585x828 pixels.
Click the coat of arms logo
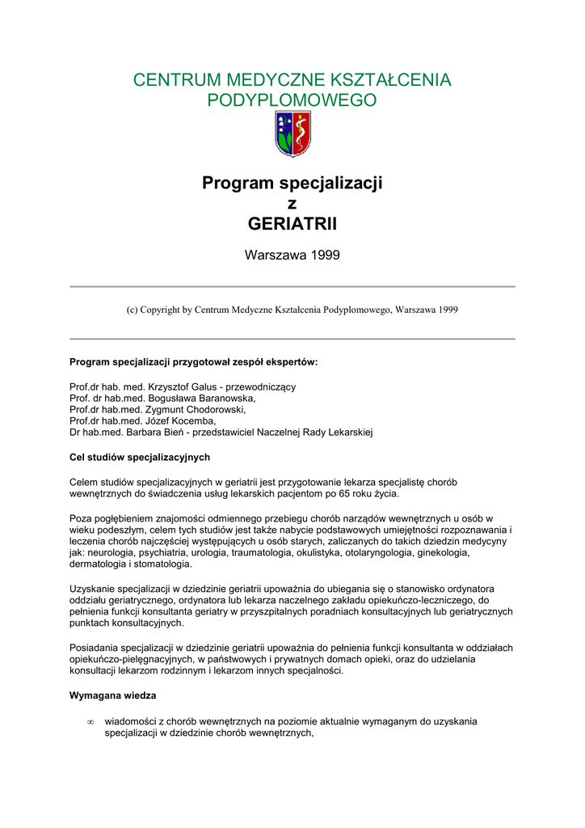pos(292,134)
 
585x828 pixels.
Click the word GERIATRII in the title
pos(292,223)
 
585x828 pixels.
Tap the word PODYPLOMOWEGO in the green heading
pos(292,101)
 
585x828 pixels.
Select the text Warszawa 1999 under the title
pos(292,256)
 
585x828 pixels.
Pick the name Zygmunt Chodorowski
pos(200,409)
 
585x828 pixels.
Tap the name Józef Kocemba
pos(180,420)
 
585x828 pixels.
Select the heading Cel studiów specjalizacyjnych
pos(140,457)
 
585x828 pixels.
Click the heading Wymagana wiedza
pos(113,695)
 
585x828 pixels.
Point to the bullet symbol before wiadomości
pos(90,721)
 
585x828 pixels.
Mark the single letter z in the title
pos(292,204)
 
